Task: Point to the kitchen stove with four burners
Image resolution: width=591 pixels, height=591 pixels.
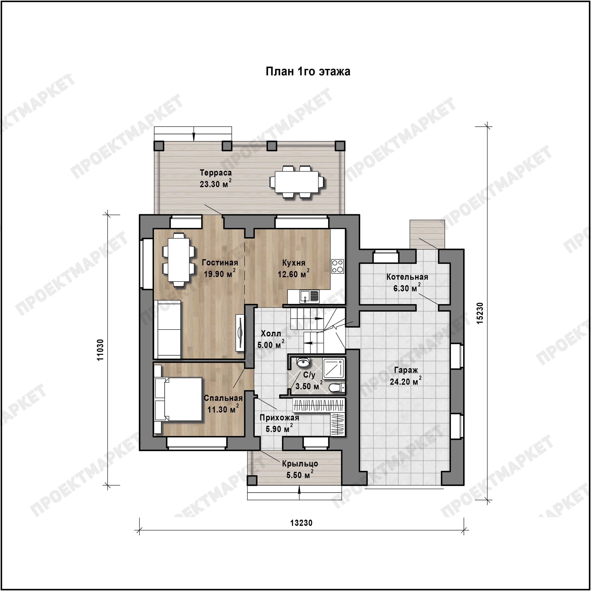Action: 338,266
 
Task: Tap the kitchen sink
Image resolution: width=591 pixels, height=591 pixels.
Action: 310,296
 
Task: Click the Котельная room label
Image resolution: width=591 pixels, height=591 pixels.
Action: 407,277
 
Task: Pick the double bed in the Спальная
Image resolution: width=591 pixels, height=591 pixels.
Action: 179,399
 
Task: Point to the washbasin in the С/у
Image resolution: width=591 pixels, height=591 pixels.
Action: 303,362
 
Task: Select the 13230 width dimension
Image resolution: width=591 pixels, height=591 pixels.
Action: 301,523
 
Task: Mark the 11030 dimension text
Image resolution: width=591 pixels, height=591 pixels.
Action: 100,350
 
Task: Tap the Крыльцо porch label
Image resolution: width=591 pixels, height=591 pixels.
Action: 300,464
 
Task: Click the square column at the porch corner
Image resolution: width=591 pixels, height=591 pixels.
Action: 252,481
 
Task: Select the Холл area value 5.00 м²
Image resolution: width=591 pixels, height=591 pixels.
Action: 271,344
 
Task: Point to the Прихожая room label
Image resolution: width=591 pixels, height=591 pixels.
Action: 279,418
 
